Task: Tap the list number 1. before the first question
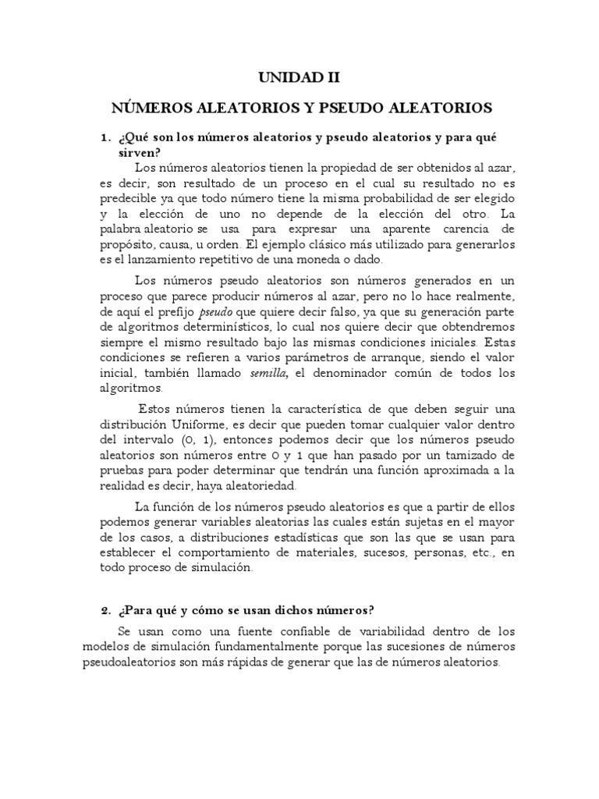(x=105, y=137)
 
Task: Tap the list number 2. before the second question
(x=105, y=609)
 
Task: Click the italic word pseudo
(x=213, y=313)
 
